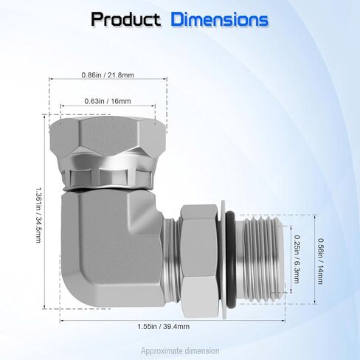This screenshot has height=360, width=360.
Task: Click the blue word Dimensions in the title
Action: pos(219,20)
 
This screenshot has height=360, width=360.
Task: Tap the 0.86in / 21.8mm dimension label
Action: pos(108,75)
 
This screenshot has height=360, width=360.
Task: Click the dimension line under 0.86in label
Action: pos(108,83)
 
